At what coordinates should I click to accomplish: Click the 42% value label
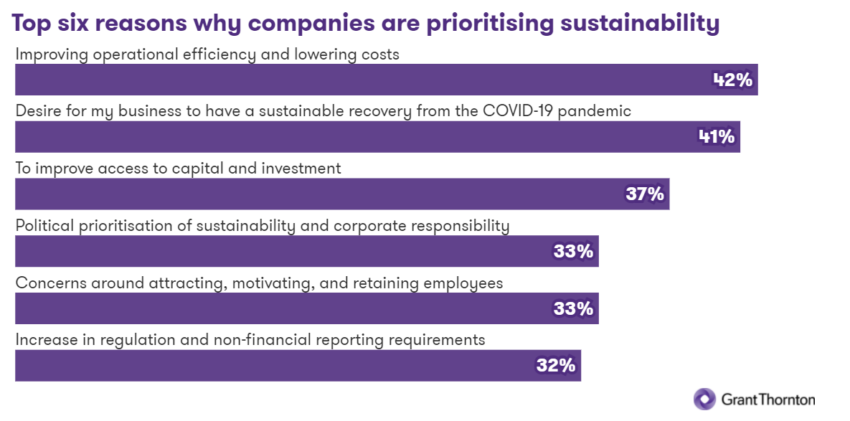732,80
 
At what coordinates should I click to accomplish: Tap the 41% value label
717,136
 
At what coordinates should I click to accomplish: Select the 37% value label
645,194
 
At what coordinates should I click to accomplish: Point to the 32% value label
556,365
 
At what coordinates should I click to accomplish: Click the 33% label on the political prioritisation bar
573,251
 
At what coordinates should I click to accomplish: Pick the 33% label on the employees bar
573,308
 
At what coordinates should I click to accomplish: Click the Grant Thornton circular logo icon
704,399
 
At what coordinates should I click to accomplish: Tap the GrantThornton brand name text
768,399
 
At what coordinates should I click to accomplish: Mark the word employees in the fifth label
465,283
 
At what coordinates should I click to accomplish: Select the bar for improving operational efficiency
359,80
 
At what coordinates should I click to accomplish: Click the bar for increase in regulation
273,365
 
